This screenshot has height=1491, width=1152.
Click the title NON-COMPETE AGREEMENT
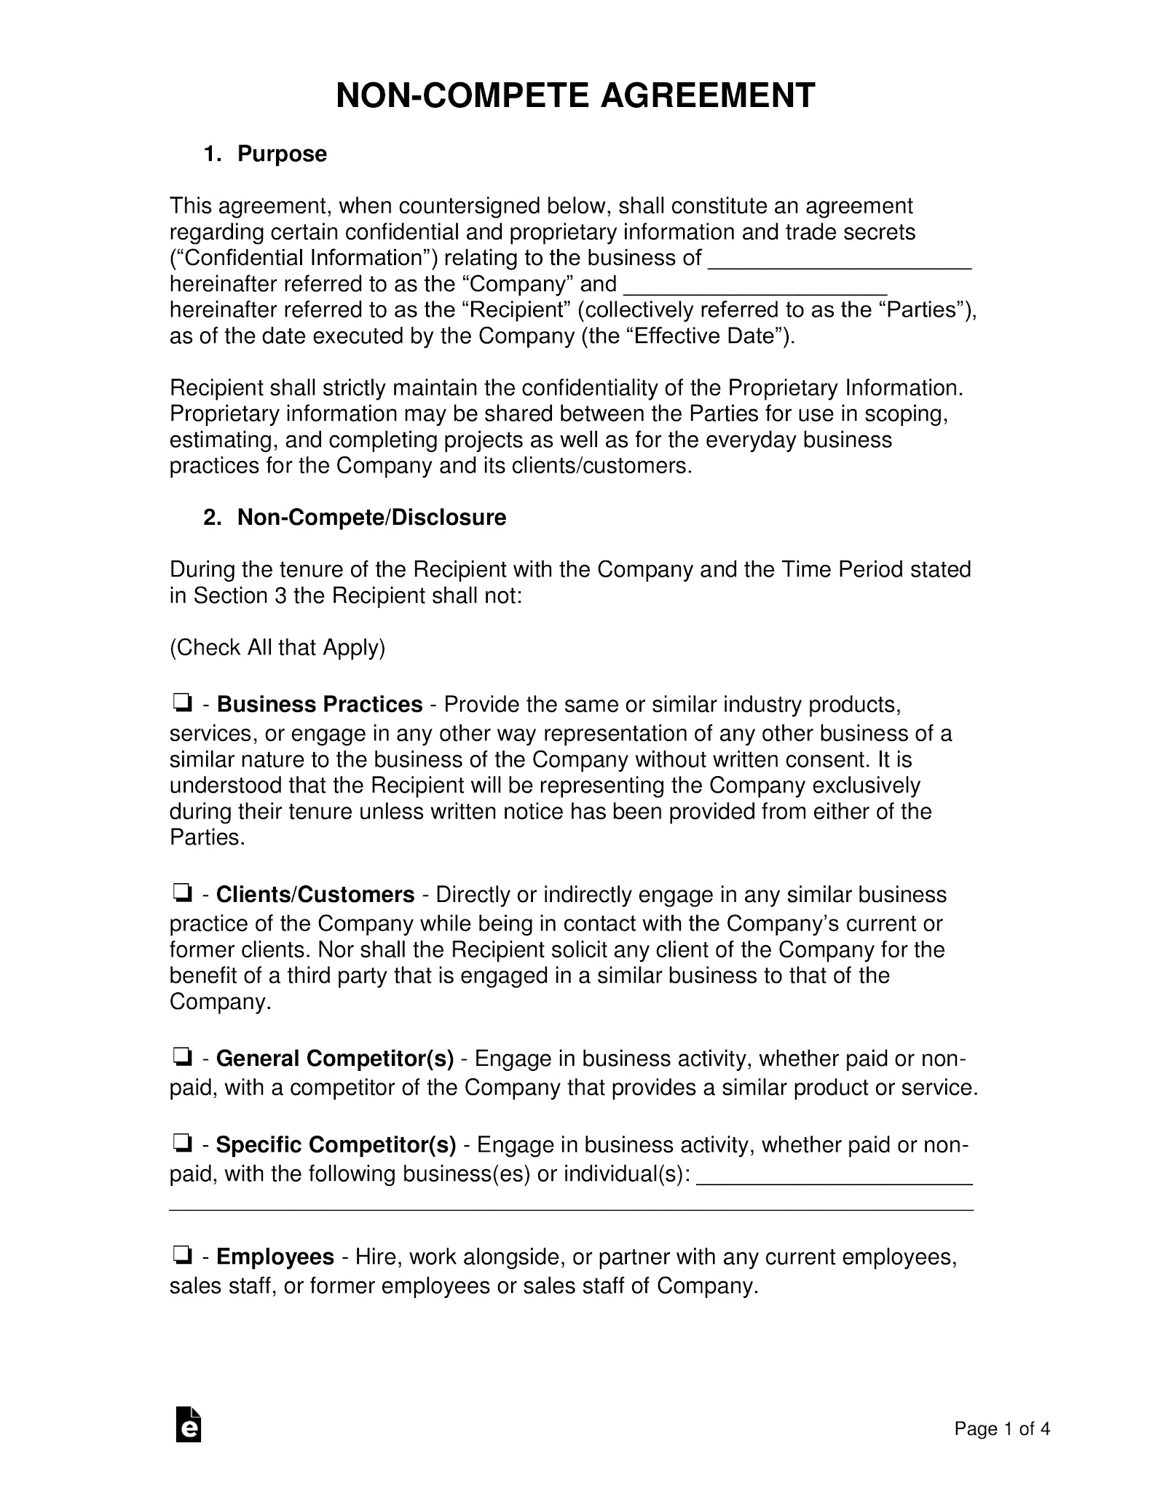coord(575,96)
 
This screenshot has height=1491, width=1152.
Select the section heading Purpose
coord(282,154)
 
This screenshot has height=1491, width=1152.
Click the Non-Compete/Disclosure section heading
coord(371,518)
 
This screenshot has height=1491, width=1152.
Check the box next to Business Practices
coord(182,703)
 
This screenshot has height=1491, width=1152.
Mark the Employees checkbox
coord(182,1256)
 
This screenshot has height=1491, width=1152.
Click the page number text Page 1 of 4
coord(1002,1429)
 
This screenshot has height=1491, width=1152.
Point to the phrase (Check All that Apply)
coord(277,647)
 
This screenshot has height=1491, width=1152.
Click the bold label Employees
coord(275,1257)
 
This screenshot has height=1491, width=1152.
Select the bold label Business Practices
coord(320,705)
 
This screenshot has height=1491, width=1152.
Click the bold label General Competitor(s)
coord(335,1058)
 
